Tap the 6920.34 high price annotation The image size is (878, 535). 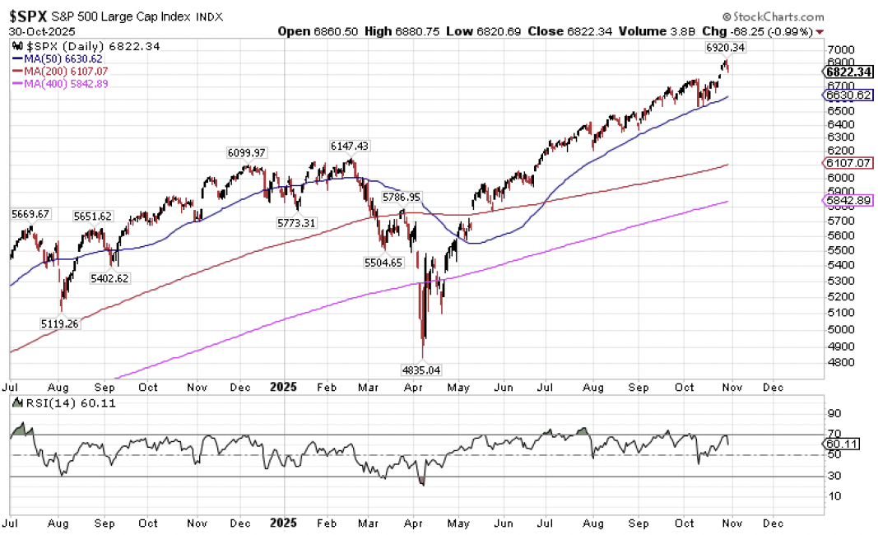pyautogui.click(x=726, y=48)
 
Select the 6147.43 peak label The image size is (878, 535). pyautogui.click(x=349, y=146)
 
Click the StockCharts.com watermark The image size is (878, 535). pyautogui.click(x=773, y=16)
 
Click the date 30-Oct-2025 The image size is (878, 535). pyautogui.click(x=37, y=31)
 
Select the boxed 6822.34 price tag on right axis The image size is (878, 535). pyautogui.click(x=848, y=72)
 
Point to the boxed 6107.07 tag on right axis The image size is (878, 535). pyautogui.click(x=848, y=163)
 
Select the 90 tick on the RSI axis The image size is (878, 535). pyautogui.click(x=833, y=415)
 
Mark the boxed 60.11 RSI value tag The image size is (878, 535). pyautogui.click(x=843, y=444)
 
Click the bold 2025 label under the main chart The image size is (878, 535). pyautogui.click(x=284, y=385)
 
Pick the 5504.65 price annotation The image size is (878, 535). pyautogui.click(x=384, y=263)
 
